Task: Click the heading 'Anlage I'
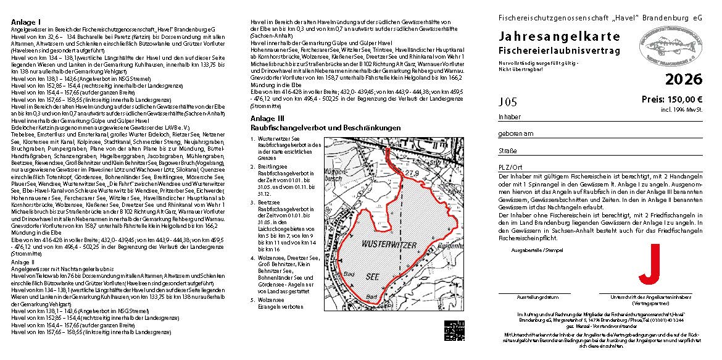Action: click(24, 22)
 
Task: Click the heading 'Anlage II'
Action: click(23, 262)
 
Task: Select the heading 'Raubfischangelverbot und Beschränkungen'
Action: click(326, 127)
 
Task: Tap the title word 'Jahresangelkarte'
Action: click(560, 37)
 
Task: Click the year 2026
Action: click(684, 79)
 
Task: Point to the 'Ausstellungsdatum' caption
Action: click(534, 297)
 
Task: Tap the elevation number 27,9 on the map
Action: click(411, 174)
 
